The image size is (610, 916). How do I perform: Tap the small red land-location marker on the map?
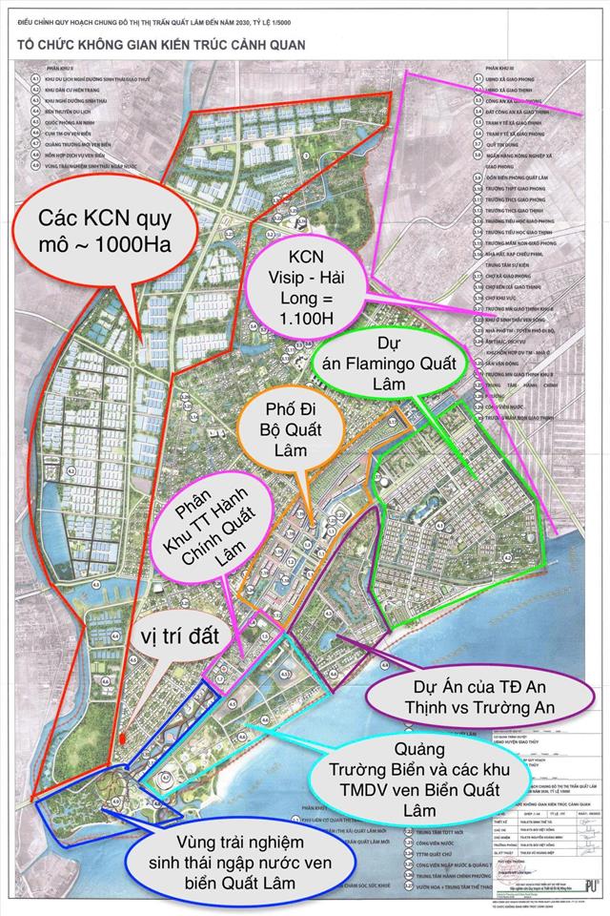(x=125, y=739)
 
